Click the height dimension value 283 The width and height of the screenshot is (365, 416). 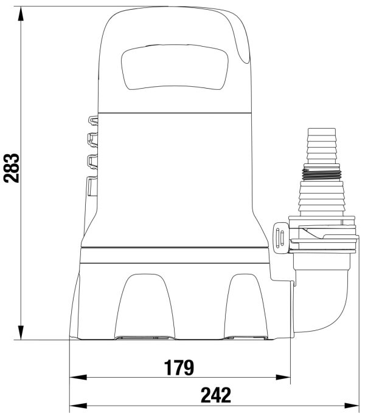point(12,168)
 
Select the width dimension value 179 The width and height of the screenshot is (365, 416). point(179,367)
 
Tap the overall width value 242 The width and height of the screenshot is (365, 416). point(216,395)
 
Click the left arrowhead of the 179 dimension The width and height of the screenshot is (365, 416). point(78,377)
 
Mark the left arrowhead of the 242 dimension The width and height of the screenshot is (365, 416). point(78,406)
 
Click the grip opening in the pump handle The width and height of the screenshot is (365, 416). point(175,67)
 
